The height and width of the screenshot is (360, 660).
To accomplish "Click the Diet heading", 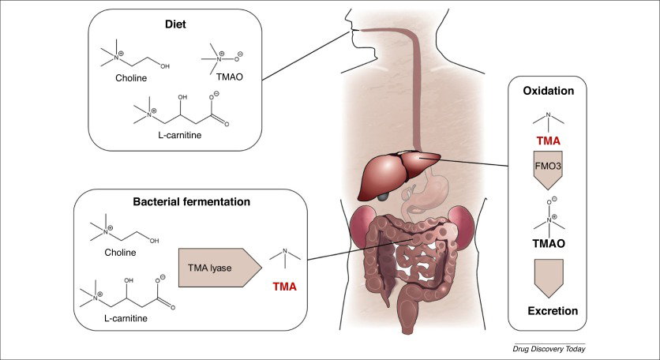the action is tap(175, 24).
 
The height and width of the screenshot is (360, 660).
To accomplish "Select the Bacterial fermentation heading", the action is tap(192, 201).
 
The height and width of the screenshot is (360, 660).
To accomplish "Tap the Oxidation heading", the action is tap(549, 91).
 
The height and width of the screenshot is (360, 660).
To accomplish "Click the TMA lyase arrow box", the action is tap(220, 268).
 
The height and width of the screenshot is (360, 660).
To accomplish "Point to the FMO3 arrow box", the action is tap(548, 169).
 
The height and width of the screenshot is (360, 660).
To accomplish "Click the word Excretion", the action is tap(553, 311).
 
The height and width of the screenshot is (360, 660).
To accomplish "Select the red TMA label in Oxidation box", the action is tap(549, 141).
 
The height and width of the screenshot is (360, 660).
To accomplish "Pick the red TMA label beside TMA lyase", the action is tap(284, 287).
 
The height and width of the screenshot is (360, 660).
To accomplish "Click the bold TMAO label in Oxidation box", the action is tap(549, 243).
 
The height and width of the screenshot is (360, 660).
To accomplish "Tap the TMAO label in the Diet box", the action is tap(229, 77).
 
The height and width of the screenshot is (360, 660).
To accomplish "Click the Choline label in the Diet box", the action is tap(131, 78).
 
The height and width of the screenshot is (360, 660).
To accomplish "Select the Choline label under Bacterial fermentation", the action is tap(120, 253).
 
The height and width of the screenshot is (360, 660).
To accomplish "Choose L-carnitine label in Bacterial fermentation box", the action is tap(126, 318).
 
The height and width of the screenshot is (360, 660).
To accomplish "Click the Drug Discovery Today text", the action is tap(549, 349).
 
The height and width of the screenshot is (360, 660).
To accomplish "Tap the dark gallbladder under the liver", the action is tap(383, 196).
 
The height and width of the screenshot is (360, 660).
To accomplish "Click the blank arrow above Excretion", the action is tap(549, 279).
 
